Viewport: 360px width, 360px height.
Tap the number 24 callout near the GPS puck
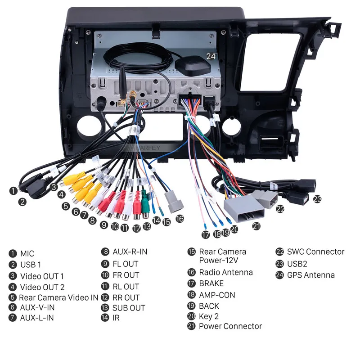(x=211, y=56)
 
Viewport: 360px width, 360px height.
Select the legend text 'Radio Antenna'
(x=226, y=272)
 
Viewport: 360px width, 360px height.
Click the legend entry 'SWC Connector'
(x=315, y=252)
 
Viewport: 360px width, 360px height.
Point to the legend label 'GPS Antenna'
(x=310, y=275)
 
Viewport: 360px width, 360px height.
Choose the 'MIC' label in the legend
(x=27, y=254)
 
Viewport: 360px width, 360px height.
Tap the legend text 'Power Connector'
(x=230, y=326)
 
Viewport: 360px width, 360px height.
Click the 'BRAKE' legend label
(x=211, y=284)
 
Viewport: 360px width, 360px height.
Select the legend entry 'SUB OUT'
(x=129, y=308)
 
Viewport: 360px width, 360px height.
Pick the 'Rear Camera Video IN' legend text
(x=58, y=297)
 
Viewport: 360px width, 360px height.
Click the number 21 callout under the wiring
(x=256, y=226)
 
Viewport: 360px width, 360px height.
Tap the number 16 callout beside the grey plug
(x=180, y=219)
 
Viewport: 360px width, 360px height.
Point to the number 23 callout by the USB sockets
(x=318, y=198)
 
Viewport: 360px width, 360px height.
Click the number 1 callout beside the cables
(x=13, y=191)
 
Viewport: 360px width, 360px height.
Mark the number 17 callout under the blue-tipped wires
(x=206, y=234)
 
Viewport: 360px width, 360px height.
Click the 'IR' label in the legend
(x=117, y=318)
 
